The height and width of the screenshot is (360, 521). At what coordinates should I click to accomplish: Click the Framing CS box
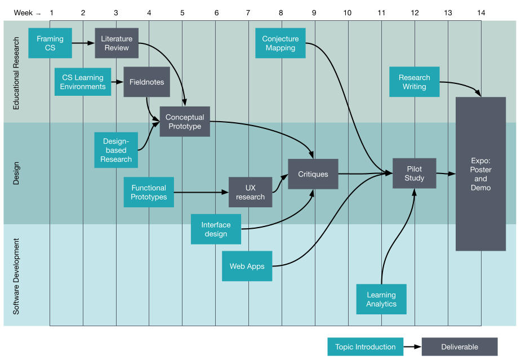click(50, 43)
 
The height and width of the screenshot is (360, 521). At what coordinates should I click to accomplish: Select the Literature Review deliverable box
click(117, 43)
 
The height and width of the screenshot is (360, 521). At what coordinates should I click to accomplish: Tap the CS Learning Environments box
click(83, 82)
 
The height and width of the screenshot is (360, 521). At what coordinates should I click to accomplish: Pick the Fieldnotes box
click(146, 82)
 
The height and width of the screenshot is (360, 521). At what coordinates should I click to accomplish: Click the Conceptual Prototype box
click(185, 122)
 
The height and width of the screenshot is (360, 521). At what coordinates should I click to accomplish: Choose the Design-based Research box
click(117, 150)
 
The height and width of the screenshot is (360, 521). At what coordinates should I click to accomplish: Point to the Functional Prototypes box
click(149, 193)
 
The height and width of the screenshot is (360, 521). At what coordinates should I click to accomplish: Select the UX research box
click(250, 193)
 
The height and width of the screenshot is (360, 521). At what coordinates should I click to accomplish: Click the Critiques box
click(313, 175)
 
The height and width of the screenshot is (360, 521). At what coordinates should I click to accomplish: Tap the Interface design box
click(216, 229)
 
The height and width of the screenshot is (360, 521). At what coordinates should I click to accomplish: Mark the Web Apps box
click(247, 266)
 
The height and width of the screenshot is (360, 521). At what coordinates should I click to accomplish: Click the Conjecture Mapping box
click(280, 43)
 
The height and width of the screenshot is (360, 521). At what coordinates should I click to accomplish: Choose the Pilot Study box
click(414, 174)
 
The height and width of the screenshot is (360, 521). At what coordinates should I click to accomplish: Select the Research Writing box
click(414, 82)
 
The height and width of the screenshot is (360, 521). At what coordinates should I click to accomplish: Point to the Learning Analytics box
click(381, 299)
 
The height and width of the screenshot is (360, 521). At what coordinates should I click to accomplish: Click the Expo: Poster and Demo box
click(480, 174)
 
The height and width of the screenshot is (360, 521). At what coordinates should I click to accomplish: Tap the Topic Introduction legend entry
click(366, 347)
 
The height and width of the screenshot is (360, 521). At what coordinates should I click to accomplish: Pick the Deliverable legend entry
click(460, 347)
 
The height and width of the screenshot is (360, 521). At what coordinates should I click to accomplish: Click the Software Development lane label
click(16, 276)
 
